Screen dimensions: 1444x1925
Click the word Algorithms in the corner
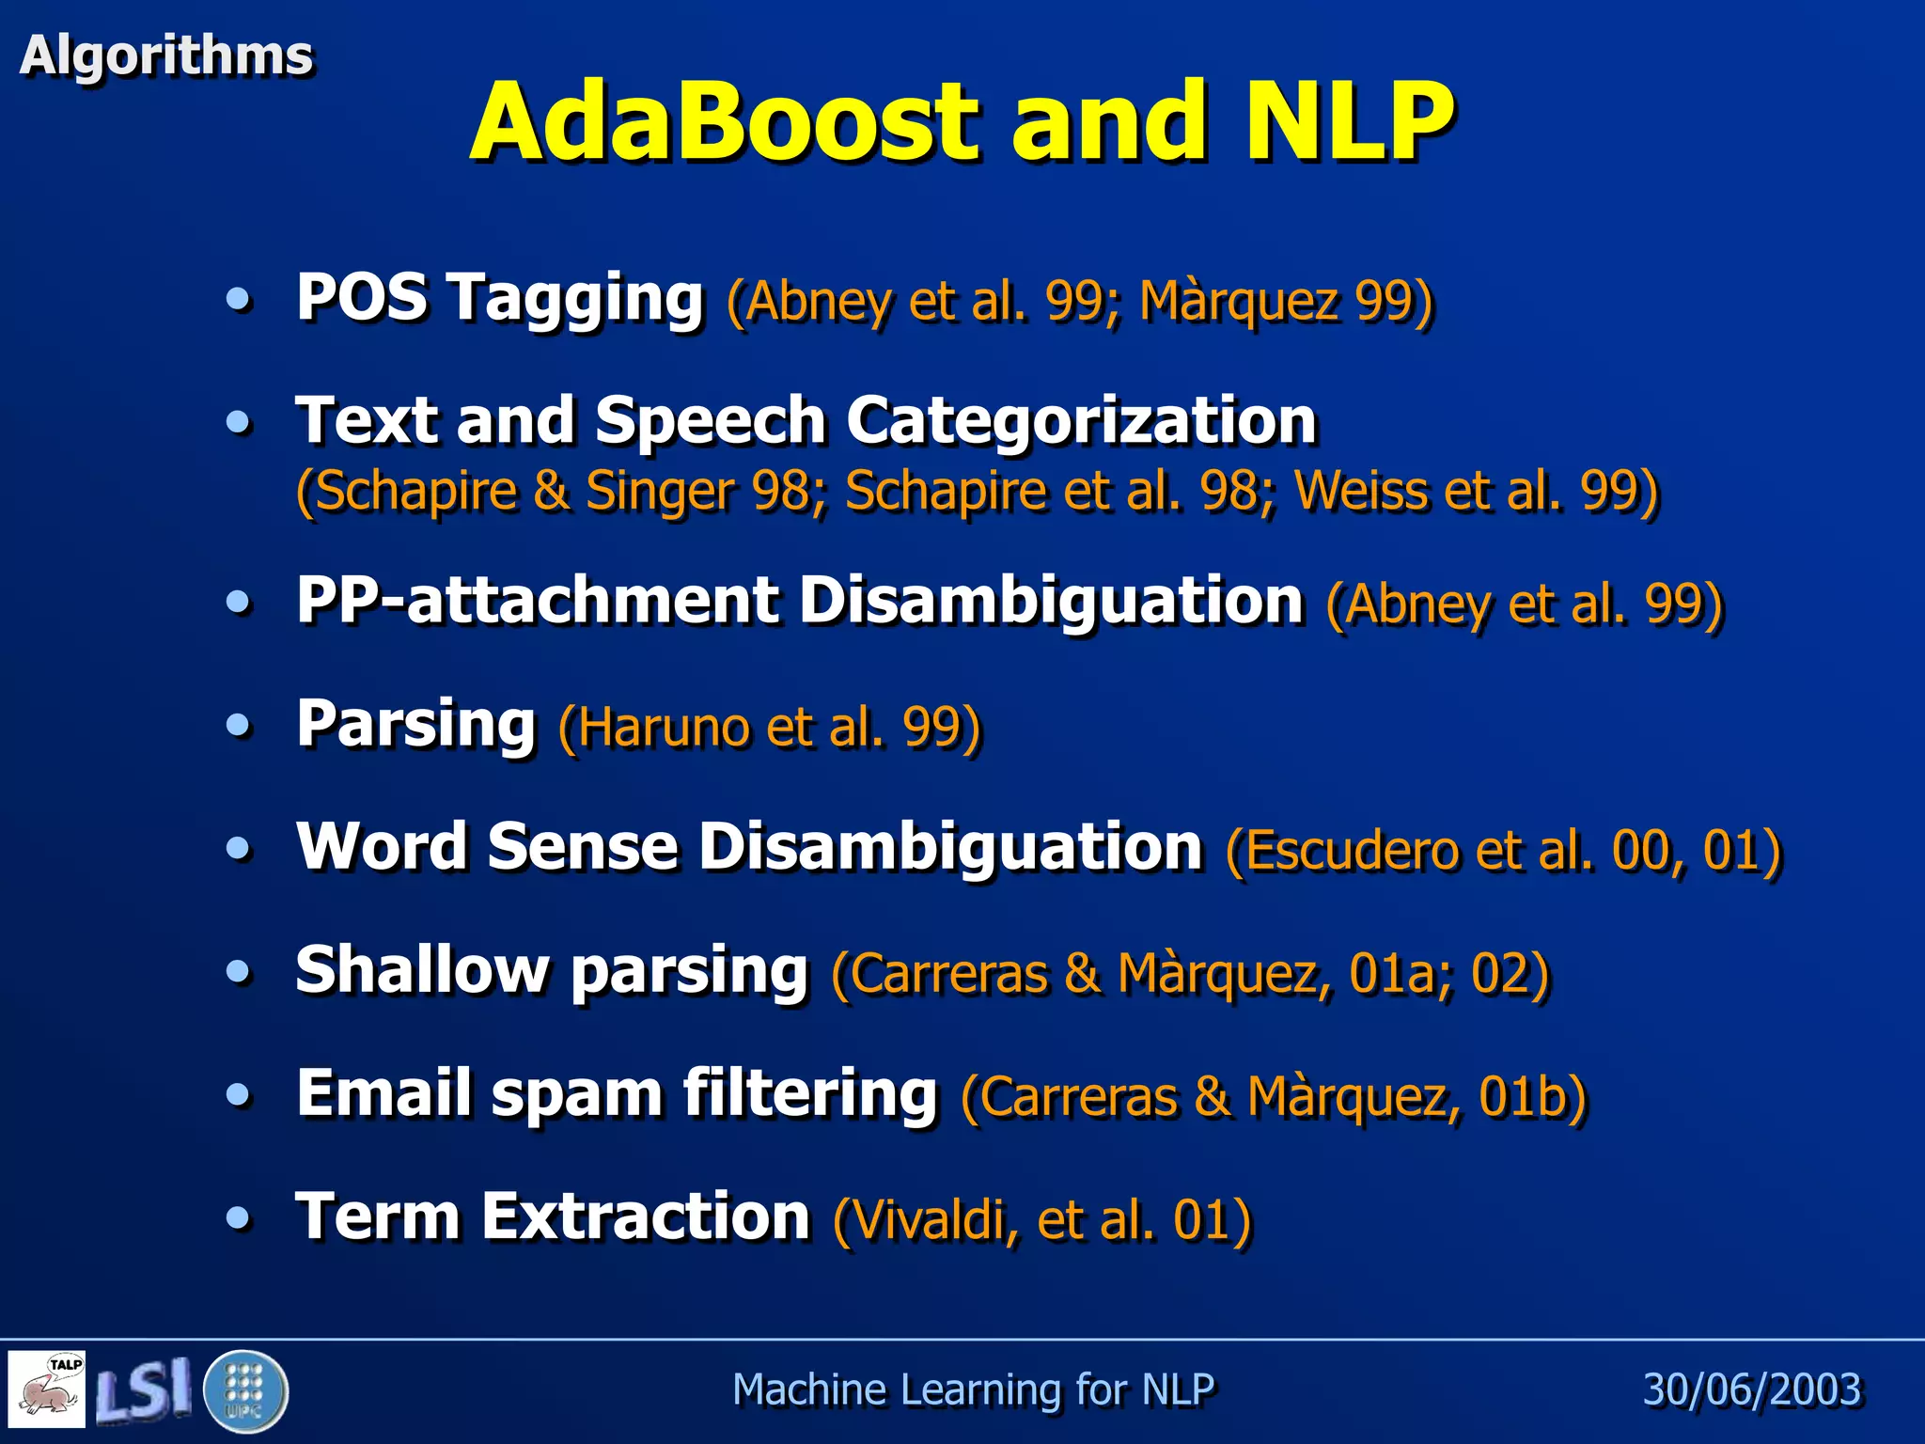[165, 55]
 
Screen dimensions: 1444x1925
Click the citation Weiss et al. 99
[1476, 491]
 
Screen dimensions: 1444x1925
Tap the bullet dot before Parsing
[240, 726]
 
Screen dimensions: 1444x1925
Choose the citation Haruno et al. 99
[770, 727]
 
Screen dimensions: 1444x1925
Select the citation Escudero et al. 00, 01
[1504, 850]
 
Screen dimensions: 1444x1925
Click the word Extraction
[646, 1216]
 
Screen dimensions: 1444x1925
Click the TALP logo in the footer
[48, 1389]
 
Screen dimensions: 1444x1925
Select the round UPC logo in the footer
[244, 1390]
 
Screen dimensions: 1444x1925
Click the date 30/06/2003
[1752, 1389]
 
